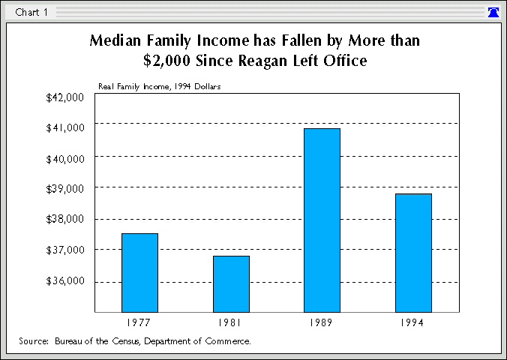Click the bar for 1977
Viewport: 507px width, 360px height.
(139, 272)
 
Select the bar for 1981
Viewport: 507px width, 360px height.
(231, 283)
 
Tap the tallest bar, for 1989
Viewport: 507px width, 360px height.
(322, 220)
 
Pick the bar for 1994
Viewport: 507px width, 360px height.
(413, 253)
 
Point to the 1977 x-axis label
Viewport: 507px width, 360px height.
(139, 323)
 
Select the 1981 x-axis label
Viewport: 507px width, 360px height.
(231, 323)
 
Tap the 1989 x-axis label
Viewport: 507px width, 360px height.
(322, 323)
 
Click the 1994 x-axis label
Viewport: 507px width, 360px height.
(413, 323)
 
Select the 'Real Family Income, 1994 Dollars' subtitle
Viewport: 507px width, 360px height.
(159, 86)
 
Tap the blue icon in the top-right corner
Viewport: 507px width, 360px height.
(493, 12)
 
